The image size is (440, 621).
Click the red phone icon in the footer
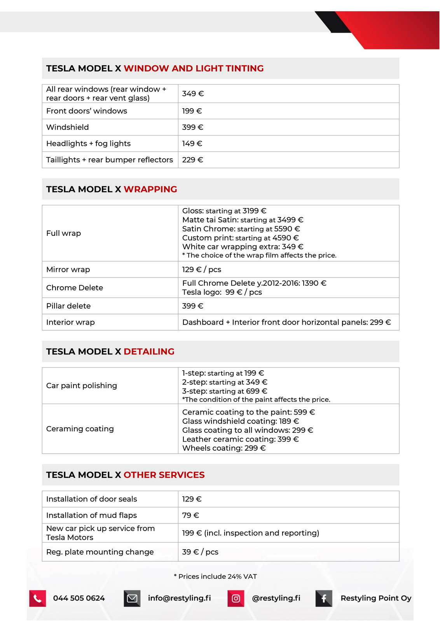click(x=38, y=598)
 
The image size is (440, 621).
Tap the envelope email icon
click(x=132, y=598)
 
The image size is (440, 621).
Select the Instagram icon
click(x=236, y=598)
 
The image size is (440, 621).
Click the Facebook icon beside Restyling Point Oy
click(x=324, y=598)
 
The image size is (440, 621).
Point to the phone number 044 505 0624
click(x=79, y=598)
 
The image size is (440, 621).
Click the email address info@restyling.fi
click(x=179, y=598)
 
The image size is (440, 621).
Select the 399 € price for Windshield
click(x=193, y=127)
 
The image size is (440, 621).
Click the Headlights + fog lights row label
click(x=88, y=144)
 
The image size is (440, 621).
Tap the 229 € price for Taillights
click(x=193, y=160)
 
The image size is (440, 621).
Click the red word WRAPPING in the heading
click(x=150, y=189)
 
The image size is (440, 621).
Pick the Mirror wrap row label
click(x=68, y=269)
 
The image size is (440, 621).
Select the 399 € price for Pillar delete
click(x=193, y=306)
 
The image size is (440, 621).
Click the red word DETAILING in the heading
click(x=149, y=352)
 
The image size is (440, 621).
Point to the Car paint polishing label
click(x=81, y=385)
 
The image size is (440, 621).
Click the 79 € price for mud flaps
click(x=190, y=515)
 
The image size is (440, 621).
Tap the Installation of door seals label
click(x=91, y=499)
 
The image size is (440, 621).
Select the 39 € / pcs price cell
click(x=200, y=552)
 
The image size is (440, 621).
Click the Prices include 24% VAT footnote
click(x=215, y=576)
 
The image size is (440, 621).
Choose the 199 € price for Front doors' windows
click(x=192, y=111)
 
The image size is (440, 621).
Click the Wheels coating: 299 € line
click(x=224, y=448)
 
